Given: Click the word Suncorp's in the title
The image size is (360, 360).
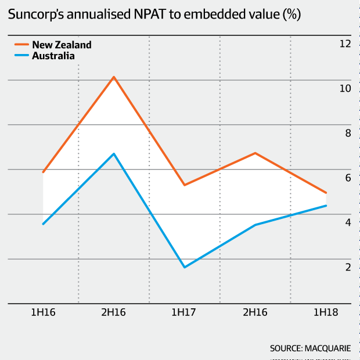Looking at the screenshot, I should point(36,15).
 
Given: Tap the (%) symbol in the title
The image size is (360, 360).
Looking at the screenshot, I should point(291,15).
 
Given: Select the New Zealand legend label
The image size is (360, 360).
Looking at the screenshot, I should point(62,45).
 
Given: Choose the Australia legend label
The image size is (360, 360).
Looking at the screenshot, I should point(53,56).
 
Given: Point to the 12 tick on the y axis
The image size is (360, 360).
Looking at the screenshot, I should point(345,44).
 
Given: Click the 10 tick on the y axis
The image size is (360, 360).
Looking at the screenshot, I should point(345,88).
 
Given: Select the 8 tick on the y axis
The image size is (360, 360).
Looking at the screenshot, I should point(348,133).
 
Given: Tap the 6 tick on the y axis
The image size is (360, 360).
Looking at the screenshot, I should point(348,178).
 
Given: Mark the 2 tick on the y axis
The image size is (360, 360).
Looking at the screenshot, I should point(348,267).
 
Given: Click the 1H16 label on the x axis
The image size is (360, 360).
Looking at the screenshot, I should point(43,312).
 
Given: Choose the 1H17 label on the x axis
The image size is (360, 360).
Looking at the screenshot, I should point(185,312).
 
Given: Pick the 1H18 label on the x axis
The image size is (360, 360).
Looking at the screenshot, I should point(326,312).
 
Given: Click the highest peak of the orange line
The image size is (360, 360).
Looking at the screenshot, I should point(114,77).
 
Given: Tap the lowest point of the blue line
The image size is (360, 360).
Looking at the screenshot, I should point(185,267).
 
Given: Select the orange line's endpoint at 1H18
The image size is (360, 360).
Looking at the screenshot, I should point(326,193).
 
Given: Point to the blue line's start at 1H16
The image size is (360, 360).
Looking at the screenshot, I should point(43,224).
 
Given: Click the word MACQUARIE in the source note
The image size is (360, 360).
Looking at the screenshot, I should point(330,348).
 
